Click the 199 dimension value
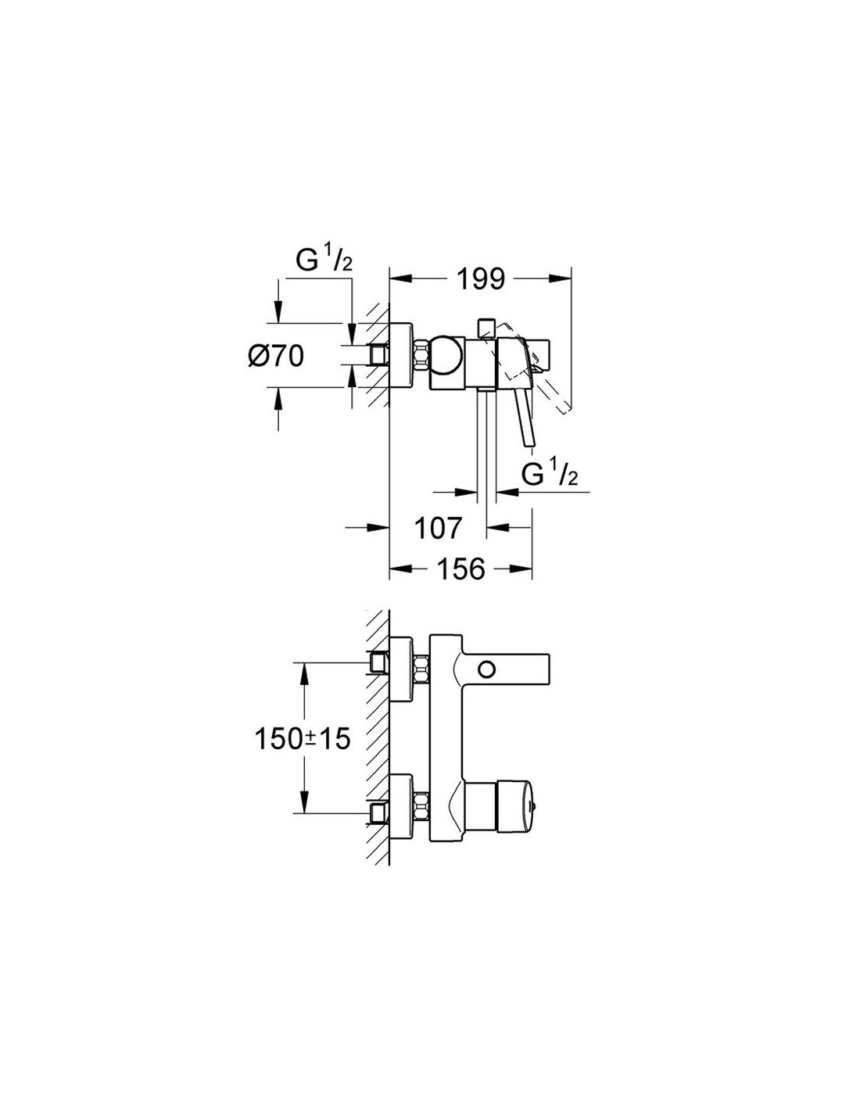480,279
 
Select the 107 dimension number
438,528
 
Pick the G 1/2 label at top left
324,261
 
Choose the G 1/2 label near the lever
550,473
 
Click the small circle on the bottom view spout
486,669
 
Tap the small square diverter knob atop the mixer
486,328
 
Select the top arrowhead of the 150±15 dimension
304,674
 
